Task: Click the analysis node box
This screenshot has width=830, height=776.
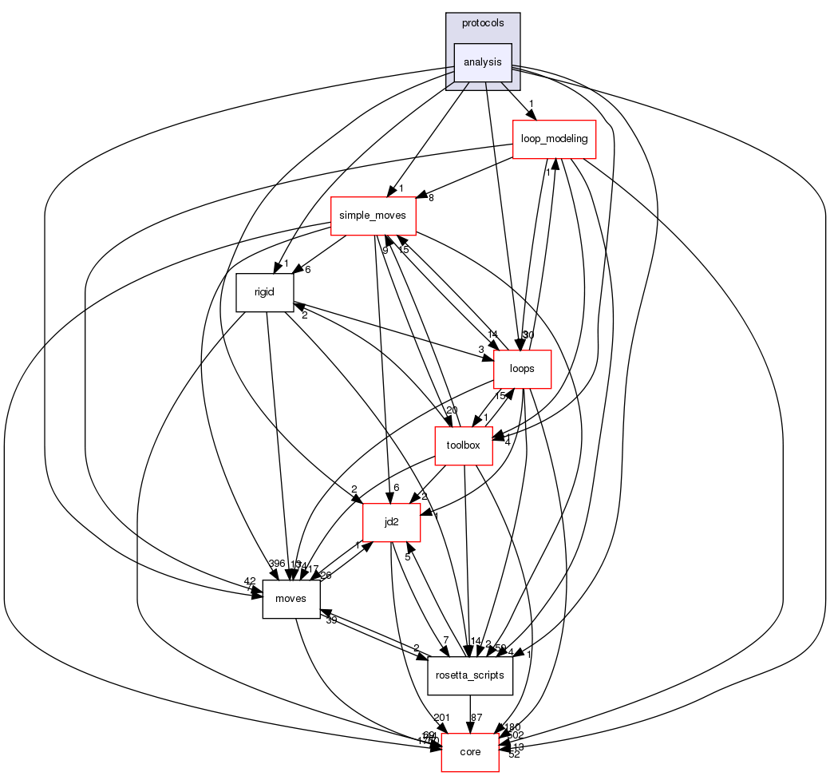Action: [x=482, y=62]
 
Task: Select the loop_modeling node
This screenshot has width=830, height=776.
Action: [x=554, y=139]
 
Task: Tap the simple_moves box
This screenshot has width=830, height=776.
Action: [x=373, y=216]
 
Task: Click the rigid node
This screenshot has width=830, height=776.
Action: [x=264, y=292]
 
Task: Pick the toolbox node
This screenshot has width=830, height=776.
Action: [x=463, y=445]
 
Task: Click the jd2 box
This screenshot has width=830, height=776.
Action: [x=391, y=522]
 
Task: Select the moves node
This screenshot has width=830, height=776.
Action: [x=291, y=599]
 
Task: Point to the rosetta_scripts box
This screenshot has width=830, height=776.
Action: [x=470, y=675]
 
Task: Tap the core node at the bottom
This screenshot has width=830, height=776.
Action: [x=470, y=752]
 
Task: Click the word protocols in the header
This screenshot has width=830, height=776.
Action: [x=483, y=23]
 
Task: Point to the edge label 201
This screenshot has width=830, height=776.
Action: [x=441, y=716]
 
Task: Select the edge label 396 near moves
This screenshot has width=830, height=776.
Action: [x=277, y=564]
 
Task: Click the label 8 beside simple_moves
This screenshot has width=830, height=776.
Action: [x=431, y=198]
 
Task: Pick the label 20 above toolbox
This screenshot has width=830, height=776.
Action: [x=452, y=410]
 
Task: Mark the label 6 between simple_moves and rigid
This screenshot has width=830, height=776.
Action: [x=308, y=269]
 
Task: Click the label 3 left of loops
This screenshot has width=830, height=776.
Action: [x=481, y=349]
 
